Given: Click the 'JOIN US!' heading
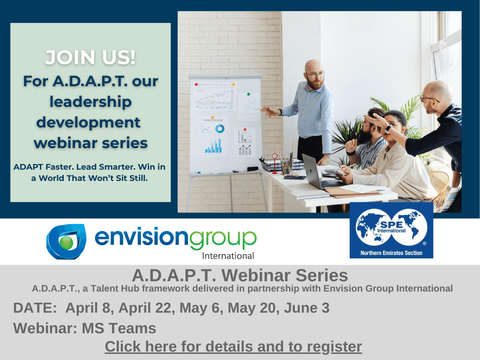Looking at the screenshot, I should [x=90, y=58].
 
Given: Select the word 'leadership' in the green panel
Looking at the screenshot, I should [x=90, y=102].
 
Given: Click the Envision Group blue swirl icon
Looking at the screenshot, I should [x=66, y=240].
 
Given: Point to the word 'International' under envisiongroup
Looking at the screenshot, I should [x=228, y=256].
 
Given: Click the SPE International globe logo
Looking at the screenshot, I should [x=391, y=227].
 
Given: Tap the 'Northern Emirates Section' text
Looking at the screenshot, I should [x=391, y=253].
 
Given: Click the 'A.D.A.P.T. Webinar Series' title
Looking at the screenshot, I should [x=240, y=275].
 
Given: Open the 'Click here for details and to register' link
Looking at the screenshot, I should [x=233, y=347].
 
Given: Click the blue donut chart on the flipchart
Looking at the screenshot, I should [x=219, y=128].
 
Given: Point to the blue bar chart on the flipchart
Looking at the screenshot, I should [x=213, y=146].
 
